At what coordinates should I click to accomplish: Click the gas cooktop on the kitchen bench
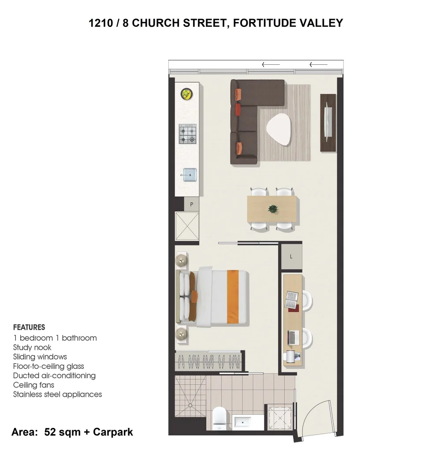point(187,134)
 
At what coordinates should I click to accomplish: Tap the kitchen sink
point(190,175)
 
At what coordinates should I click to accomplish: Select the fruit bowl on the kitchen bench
point(187,94)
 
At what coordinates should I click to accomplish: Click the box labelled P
point(191,204)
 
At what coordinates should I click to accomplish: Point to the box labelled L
point(291,257)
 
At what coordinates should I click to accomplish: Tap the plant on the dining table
point(273,209)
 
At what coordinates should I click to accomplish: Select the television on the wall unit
point(327,122)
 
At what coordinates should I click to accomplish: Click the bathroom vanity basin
point(243,422)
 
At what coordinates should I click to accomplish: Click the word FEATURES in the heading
point(29,327)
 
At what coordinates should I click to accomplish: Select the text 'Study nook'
point(32,347)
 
